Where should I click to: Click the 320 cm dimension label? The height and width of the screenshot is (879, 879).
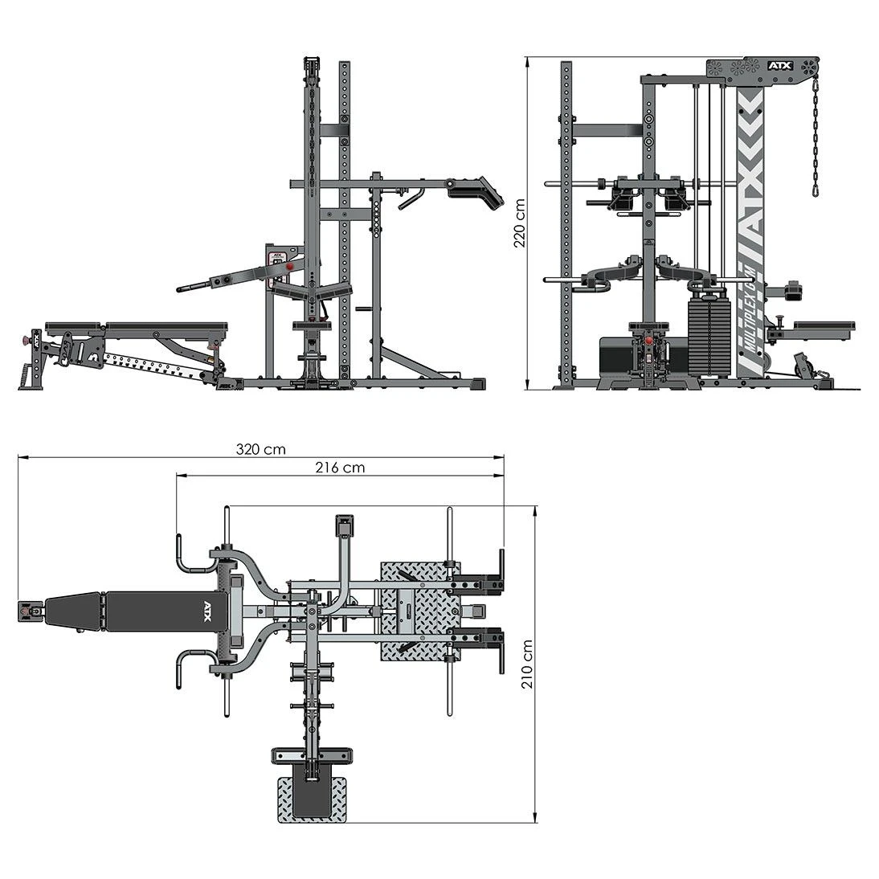(260, 449)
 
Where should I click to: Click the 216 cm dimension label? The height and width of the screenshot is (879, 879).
(340, 467)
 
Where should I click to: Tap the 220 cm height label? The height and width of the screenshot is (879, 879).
(520, 223)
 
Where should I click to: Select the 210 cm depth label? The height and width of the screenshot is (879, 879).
(527, 664)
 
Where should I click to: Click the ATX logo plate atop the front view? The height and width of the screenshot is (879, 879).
(780, 66)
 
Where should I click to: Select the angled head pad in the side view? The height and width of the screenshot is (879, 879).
(476, 192)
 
